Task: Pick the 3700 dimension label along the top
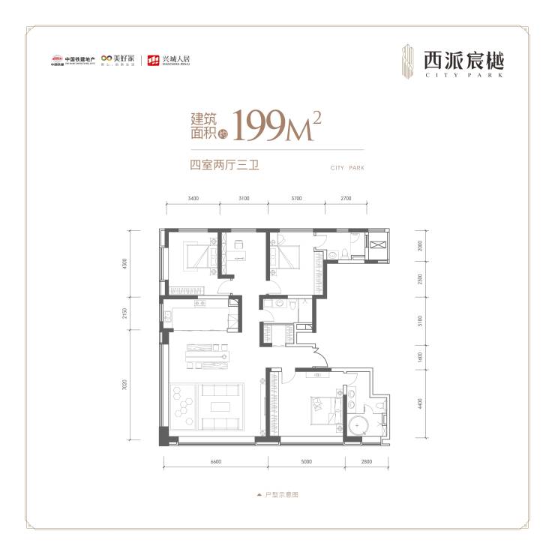[x=295, y=199]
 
